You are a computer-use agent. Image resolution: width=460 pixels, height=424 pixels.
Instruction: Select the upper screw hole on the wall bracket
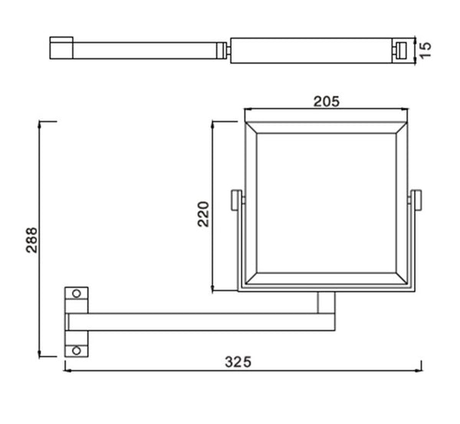click(x=76, y=294)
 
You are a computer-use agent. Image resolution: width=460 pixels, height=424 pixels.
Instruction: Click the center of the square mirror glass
click(x=327, y=201)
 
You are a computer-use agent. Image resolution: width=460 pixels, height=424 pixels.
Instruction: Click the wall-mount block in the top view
click(x=61, y=48)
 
